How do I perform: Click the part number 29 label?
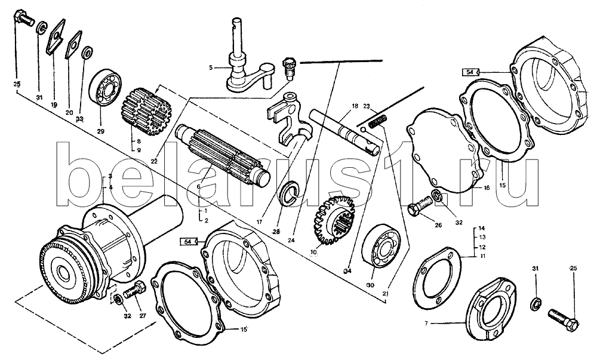pos(100,131)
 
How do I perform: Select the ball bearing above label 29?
pos(105,87)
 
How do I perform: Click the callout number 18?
pos(355,106)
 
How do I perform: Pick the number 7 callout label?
pos(426,324)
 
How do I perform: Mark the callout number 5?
pos(211,68)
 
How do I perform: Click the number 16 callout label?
pos(487,187)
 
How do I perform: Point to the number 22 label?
pos(154,161)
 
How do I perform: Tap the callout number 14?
pos(482,229)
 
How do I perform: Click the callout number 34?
pos(347,271)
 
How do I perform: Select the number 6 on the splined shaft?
pos(198,187)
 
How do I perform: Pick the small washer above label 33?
pos(87,52)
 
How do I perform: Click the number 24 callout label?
pos(292,240)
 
